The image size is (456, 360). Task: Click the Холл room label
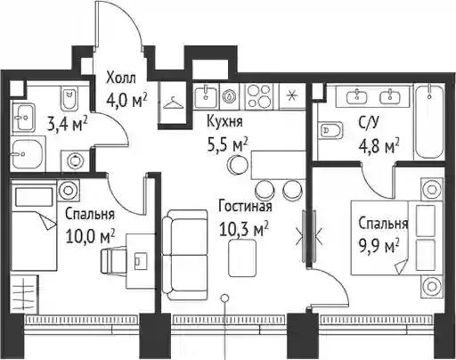point(121,78)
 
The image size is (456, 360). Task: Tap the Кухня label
point(224,122)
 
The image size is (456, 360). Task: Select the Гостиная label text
point(245,206)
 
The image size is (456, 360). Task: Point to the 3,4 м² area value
point(67,124)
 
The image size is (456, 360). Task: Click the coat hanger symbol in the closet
point(173,103)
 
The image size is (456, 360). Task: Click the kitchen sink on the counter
point(206,95)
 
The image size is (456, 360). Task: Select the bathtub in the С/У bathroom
point(429,121)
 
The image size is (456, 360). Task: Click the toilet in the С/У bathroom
point(330,130)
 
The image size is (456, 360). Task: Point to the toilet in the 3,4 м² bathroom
point(69,97)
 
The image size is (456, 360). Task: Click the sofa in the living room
point(185,255)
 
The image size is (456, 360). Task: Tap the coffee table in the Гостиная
point(242,258)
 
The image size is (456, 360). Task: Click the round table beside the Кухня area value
point(237,165)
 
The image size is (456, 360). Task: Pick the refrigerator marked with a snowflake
point(292,95)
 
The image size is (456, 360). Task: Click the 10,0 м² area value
point(90,236)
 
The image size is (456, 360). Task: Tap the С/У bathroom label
point(369,122)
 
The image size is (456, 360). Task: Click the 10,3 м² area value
point(244,229)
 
